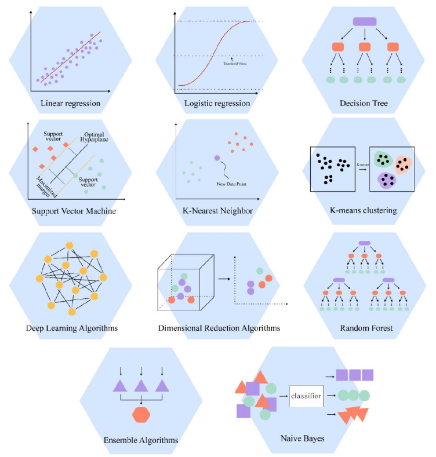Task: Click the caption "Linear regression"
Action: click(70, 104)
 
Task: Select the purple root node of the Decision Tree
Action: click(365, 21)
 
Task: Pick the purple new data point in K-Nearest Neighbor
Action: click(217, 158)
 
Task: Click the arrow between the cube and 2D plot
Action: click(222, 279)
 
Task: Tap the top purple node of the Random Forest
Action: click(365, 243)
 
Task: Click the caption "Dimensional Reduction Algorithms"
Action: click(219, 328)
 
